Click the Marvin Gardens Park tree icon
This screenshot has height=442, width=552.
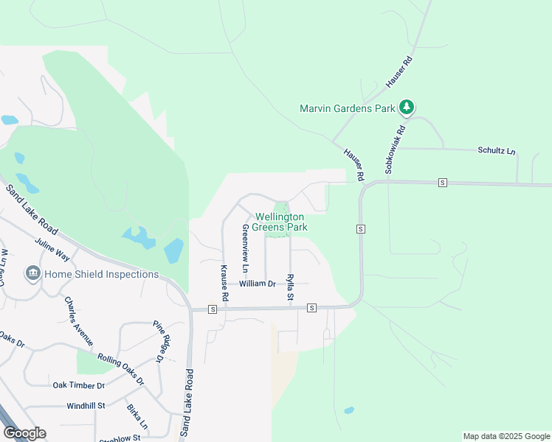click(x=406, y=108)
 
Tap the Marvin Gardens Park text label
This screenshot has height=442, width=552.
click(x=348, y=108)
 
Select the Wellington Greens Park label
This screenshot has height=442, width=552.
click(x=280, y=222)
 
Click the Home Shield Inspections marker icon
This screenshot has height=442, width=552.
click(x=32, y=274)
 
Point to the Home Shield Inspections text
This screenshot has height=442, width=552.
click(x=101, y=274)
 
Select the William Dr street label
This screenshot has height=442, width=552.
click(x=257, y=283)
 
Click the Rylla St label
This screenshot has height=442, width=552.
click(x=290, y=288)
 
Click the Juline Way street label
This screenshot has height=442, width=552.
click(x=52, y=250)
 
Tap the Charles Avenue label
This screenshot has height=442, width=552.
click(x=77, y=321)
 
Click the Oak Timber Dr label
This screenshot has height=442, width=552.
click(x=79, y=385)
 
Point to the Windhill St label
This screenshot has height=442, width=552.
click(x=86, y=405)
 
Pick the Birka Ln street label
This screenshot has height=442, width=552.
click(x=137, y=416)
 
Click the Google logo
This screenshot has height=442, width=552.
click(x=24, y=433)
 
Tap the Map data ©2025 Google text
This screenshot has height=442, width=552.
click(x=506, y=436)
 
